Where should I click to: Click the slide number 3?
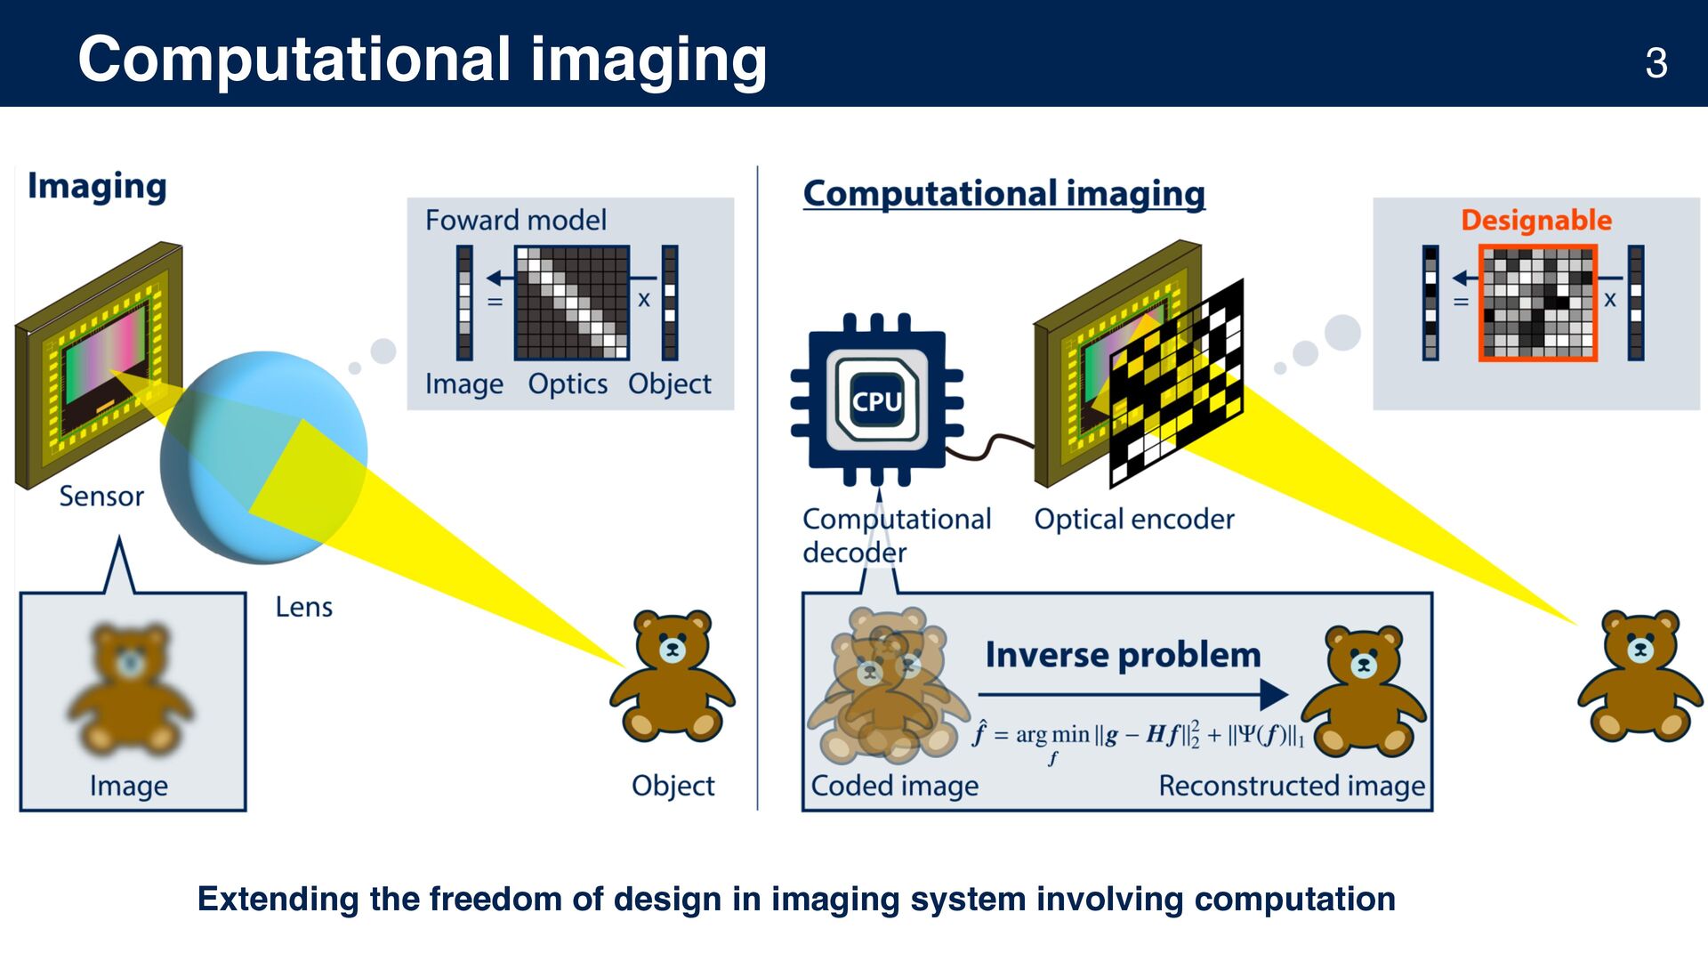[1656, 63]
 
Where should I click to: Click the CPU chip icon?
[876, 400]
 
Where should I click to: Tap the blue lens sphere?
[263, 457]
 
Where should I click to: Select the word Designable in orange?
[1535, 220]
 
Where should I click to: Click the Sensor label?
[101, 496]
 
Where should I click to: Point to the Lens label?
[303, 607]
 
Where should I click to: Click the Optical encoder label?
[1133, 519]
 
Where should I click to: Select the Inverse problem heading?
[1123, 655]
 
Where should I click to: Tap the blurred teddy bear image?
[131, 690]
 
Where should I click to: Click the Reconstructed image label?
[1291, 786]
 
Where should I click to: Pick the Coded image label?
[894, 786]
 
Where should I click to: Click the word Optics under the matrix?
[568, 384]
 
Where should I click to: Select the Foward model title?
[515, 220]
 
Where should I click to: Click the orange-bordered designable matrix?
[1537, 303]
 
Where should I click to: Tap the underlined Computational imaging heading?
[1003, 193]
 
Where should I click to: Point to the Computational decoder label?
[895, 535]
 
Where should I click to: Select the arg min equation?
[1140, 737]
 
